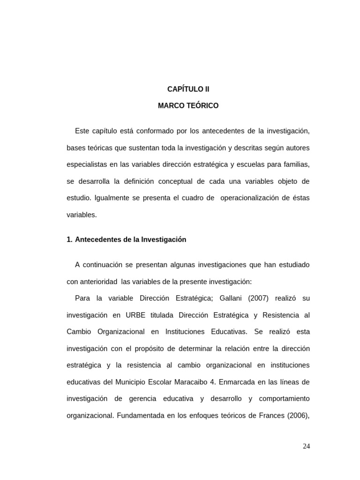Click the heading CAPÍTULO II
(x=188, y=89)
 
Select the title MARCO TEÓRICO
(x=188, y=106)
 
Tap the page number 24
(x=306, y=446)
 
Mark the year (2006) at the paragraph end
(x=298, y=415)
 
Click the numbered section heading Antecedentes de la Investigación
(x=130, y=240)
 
